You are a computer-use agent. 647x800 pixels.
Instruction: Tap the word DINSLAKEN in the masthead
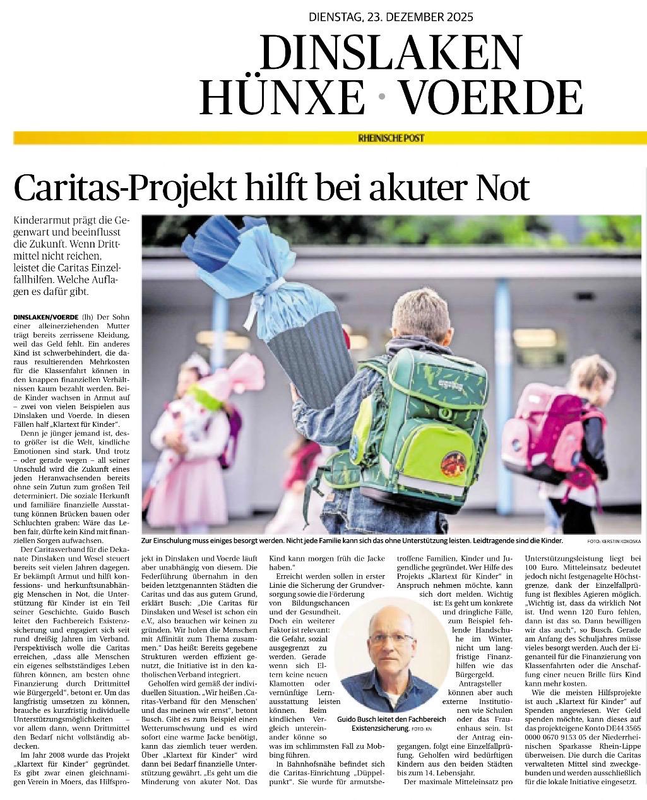391,52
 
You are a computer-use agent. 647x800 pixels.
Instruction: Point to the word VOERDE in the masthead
491,97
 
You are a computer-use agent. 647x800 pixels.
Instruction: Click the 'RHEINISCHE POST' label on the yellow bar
391,138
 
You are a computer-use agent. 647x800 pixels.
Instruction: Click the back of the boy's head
419,316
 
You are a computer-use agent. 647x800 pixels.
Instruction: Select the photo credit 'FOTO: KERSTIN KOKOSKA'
614,542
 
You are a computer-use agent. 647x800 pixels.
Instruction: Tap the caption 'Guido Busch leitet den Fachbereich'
391,719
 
